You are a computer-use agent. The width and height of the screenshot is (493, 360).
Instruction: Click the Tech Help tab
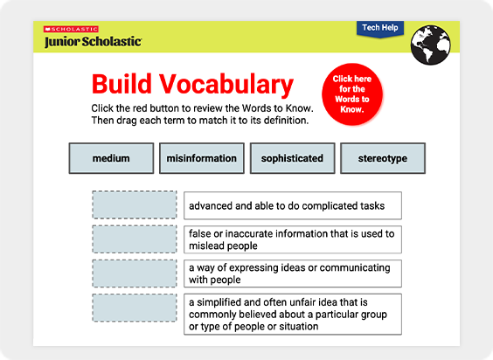point(380,29)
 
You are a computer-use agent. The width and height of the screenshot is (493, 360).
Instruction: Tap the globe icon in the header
point(430,45)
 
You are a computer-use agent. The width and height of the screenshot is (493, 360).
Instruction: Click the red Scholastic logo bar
point(71,29)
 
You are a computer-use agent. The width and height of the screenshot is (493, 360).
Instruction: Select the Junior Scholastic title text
point(93,41)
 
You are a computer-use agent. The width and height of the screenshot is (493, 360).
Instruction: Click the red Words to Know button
point(352,94)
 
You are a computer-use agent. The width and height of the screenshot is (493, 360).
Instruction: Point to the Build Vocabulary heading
point(192,84)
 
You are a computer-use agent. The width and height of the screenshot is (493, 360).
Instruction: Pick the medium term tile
point(111,158)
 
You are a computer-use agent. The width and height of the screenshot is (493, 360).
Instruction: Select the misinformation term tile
point(202,158)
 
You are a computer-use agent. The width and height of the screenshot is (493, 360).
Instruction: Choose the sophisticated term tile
point(293,158)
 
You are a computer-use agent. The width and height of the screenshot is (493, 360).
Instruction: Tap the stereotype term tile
point(383,158)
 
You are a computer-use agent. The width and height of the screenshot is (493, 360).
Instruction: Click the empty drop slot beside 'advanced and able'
point(135,204)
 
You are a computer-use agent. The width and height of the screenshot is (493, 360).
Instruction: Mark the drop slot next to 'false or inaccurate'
point(135,239)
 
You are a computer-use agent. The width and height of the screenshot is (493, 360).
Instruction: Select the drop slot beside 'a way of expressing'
point(135,273)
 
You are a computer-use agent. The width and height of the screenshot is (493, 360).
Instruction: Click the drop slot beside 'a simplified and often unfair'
point(135,308)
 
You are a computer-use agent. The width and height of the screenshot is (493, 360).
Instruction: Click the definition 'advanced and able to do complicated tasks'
point(293,205)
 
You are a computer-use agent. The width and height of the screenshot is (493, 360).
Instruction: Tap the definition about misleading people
point(293,239)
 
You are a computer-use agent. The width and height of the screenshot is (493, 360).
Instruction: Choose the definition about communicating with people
point(293,273)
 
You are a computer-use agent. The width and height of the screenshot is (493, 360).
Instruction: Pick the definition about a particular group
point(293,314)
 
